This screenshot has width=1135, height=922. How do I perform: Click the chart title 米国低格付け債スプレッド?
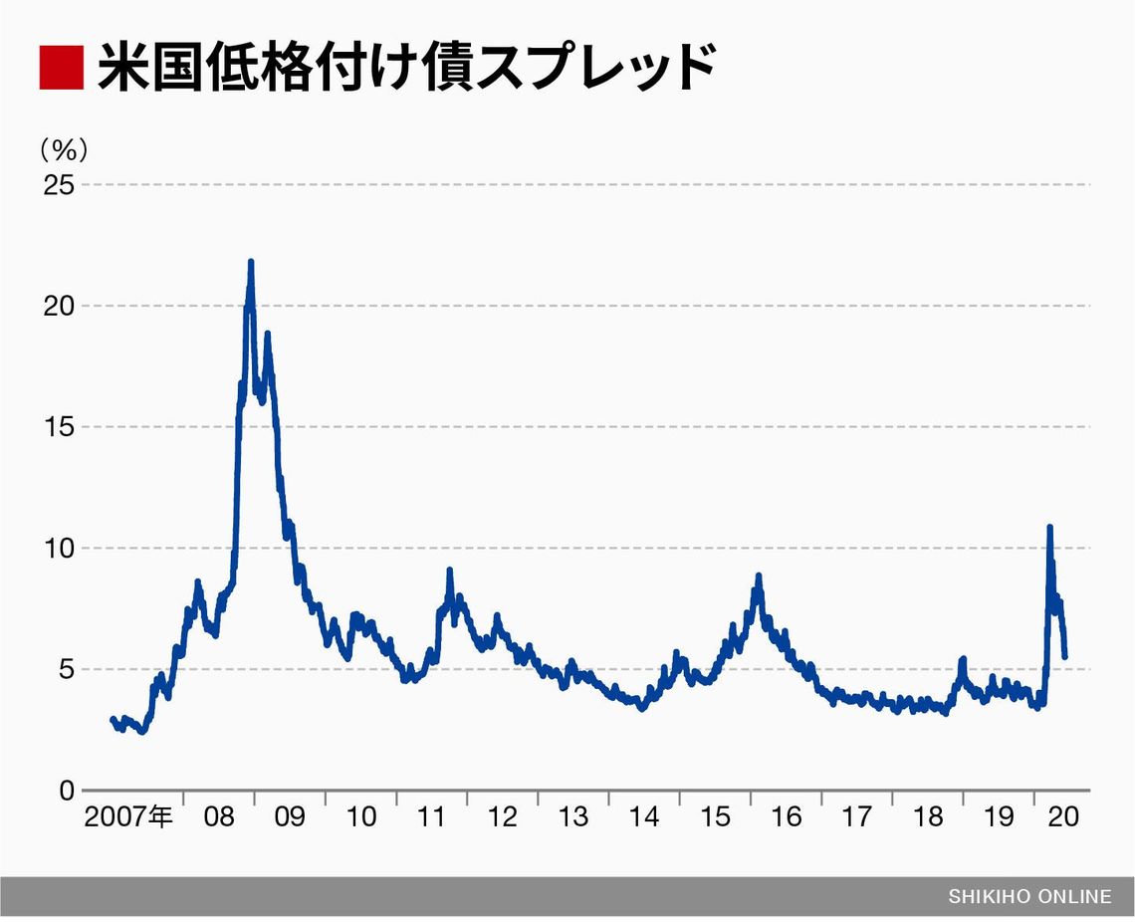coord(406,68)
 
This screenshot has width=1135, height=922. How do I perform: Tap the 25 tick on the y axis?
coord(58,184)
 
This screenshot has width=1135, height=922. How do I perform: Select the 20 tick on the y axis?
coord(58,306)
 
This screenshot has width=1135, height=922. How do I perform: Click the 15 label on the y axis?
coord(58,427)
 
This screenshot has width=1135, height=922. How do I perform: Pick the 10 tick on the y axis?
coord(58,548)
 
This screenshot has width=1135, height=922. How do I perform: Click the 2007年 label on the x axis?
coord(128,817)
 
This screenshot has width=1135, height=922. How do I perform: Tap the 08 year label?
coord(219,817)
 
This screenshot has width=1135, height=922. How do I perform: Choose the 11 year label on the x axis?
coord(431,817)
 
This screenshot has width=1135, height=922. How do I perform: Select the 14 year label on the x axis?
coord(644,817)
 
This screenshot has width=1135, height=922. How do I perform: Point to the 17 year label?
coord(857,817)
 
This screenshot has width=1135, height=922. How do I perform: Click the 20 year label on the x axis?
coord(1063,817)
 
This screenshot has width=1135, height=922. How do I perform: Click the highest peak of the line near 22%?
coord(250,262)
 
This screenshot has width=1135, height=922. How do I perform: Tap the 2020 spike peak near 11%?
coord(1049,527)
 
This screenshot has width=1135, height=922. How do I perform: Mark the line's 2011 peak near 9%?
coord(450,571)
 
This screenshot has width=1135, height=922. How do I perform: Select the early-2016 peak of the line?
coord(759,576)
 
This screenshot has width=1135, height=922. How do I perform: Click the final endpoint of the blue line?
coord(1065,657)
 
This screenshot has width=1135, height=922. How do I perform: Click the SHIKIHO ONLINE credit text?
coord(1028,896)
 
